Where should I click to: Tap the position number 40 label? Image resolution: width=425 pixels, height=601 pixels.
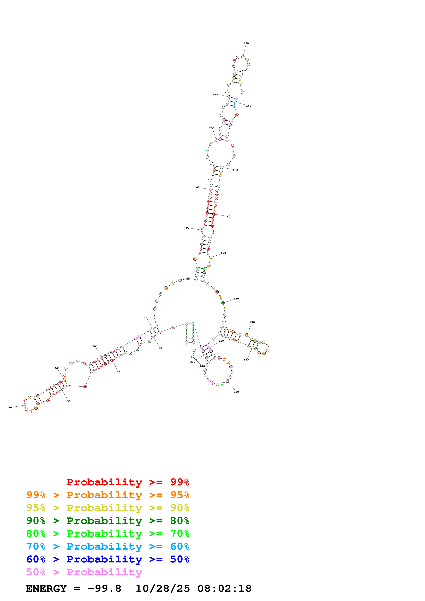tap(10, 408)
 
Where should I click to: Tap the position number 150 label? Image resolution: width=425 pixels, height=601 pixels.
tap(235, 170)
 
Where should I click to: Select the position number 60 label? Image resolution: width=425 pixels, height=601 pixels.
tap(95, 346)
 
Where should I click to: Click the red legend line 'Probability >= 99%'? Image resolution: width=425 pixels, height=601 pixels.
tap(128, 482)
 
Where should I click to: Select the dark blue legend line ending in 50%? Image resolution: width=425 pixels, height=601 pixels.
tap(108, 559)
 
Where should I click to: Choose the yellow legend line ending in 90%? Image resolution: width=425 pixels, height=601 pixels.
tap(108, 508)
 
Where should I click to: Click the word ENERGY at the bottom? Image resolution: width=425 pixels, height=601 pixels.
tap(46, 588)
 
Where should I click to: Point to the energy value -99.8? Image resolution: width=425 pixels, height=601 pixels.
tap(104, 588)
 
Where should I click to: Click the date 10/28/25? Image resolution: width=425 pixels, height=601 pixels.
tap(162, 588)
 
